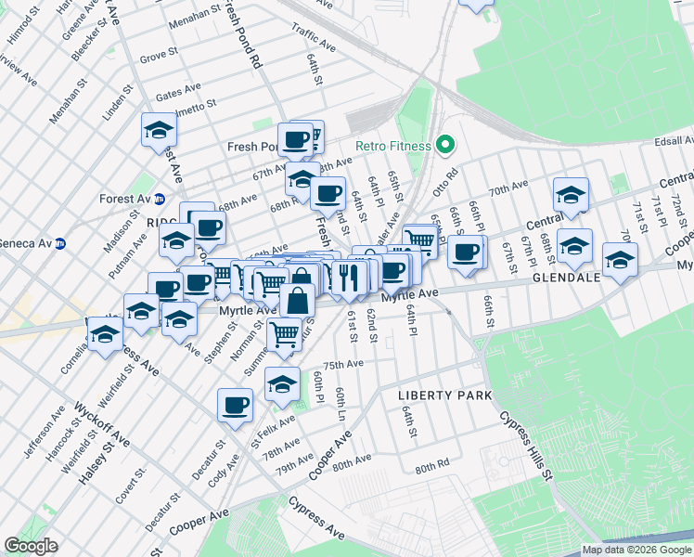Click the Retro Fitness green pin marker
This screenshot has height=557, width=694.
(445, 146)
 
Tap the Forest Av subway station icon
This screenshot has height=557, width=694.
(160, 199)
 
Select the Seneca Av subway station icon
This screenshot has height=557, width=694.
(60, 243)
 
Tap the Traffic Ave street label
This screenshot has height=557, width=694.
(313, 36)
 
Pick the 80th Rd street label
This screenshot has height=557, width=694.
(432, 467)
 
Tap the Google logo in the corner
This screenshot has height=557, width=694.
(32, 545)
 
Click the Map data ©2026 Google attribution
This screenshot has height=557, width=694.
(636, 550)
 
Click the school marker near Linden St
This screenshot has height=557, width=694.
(159, 129)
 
